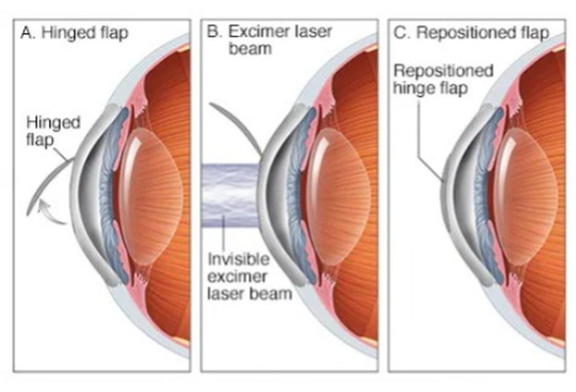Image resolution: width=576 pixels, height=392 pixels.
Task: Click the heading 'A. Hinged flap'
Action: pos(74,32)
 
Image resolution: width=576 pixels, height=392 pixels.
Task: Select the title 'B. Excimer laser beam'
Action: pos(269,40)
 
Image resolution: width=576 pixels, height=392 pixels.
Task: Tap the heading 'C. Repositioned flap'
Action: pos(471,32)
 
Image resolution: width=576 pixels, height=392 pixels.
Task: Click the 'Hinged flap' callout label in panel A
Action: pos(53,131)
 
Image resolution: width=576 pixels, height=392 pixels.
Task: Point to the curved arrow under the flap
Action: pos(51,213)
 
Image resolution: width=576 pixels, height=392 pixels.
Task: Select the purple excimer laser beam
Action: pos(231,195)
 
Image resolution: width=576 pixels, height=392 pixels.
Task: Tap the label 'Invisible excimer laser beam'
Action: pos(250,276)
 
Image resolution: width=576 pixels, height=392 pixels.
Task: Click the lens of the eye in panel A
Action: pos(151,196)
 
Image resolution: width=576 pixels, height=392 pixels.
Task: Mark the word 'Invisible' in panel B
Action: pos(238,259)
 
